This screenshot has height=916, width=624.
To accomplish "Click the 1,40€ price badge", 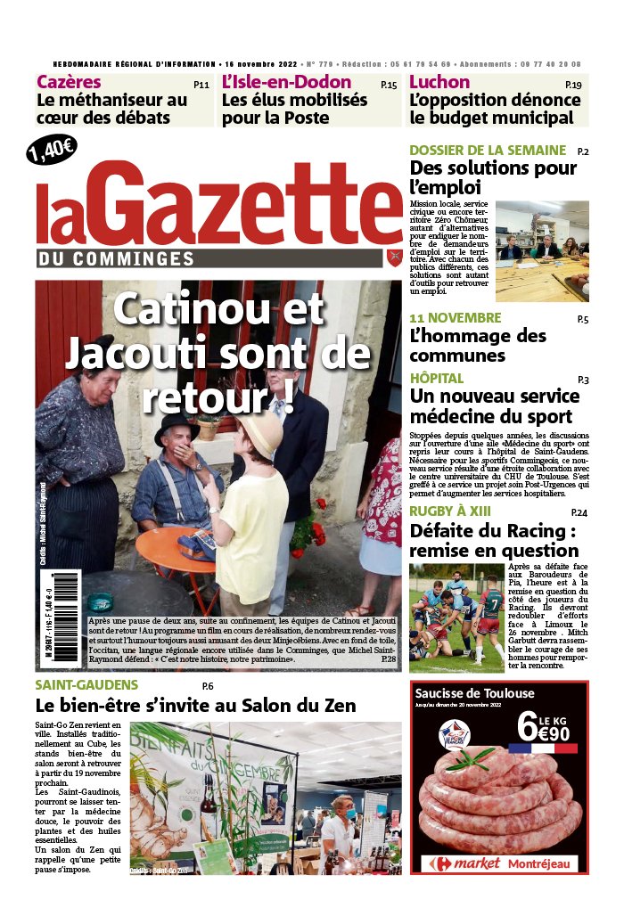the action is [53, 149].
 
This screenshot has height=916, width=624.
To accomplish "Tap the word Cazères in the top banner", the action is [69, 83].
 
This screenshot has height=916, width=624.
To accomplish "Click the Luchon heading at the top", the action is [439, 83].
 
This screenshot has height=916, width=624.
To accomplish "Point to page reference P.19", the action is [573, 85].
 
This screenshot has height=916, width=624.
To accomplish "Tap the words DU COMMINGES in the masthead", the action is [116, 258].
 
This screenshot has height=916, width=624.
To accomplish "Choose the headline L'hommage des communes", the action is [478, 346].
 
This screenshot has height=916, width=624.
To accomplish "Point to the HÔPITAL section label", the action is [437, 379].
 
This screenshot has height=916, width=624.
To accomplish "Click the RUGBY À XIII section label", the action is [462, 511].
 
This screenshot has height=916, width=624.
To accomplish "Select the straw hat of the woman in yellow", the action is [259, 434].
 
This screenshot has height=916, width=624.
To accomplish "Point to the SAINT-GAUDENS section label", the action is [86, 685].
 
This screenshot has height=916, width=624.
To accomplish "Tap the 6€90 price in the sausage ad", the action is [546, 728].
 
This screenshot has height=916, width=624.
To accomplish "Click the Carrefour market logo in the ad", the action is [465, 864].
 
